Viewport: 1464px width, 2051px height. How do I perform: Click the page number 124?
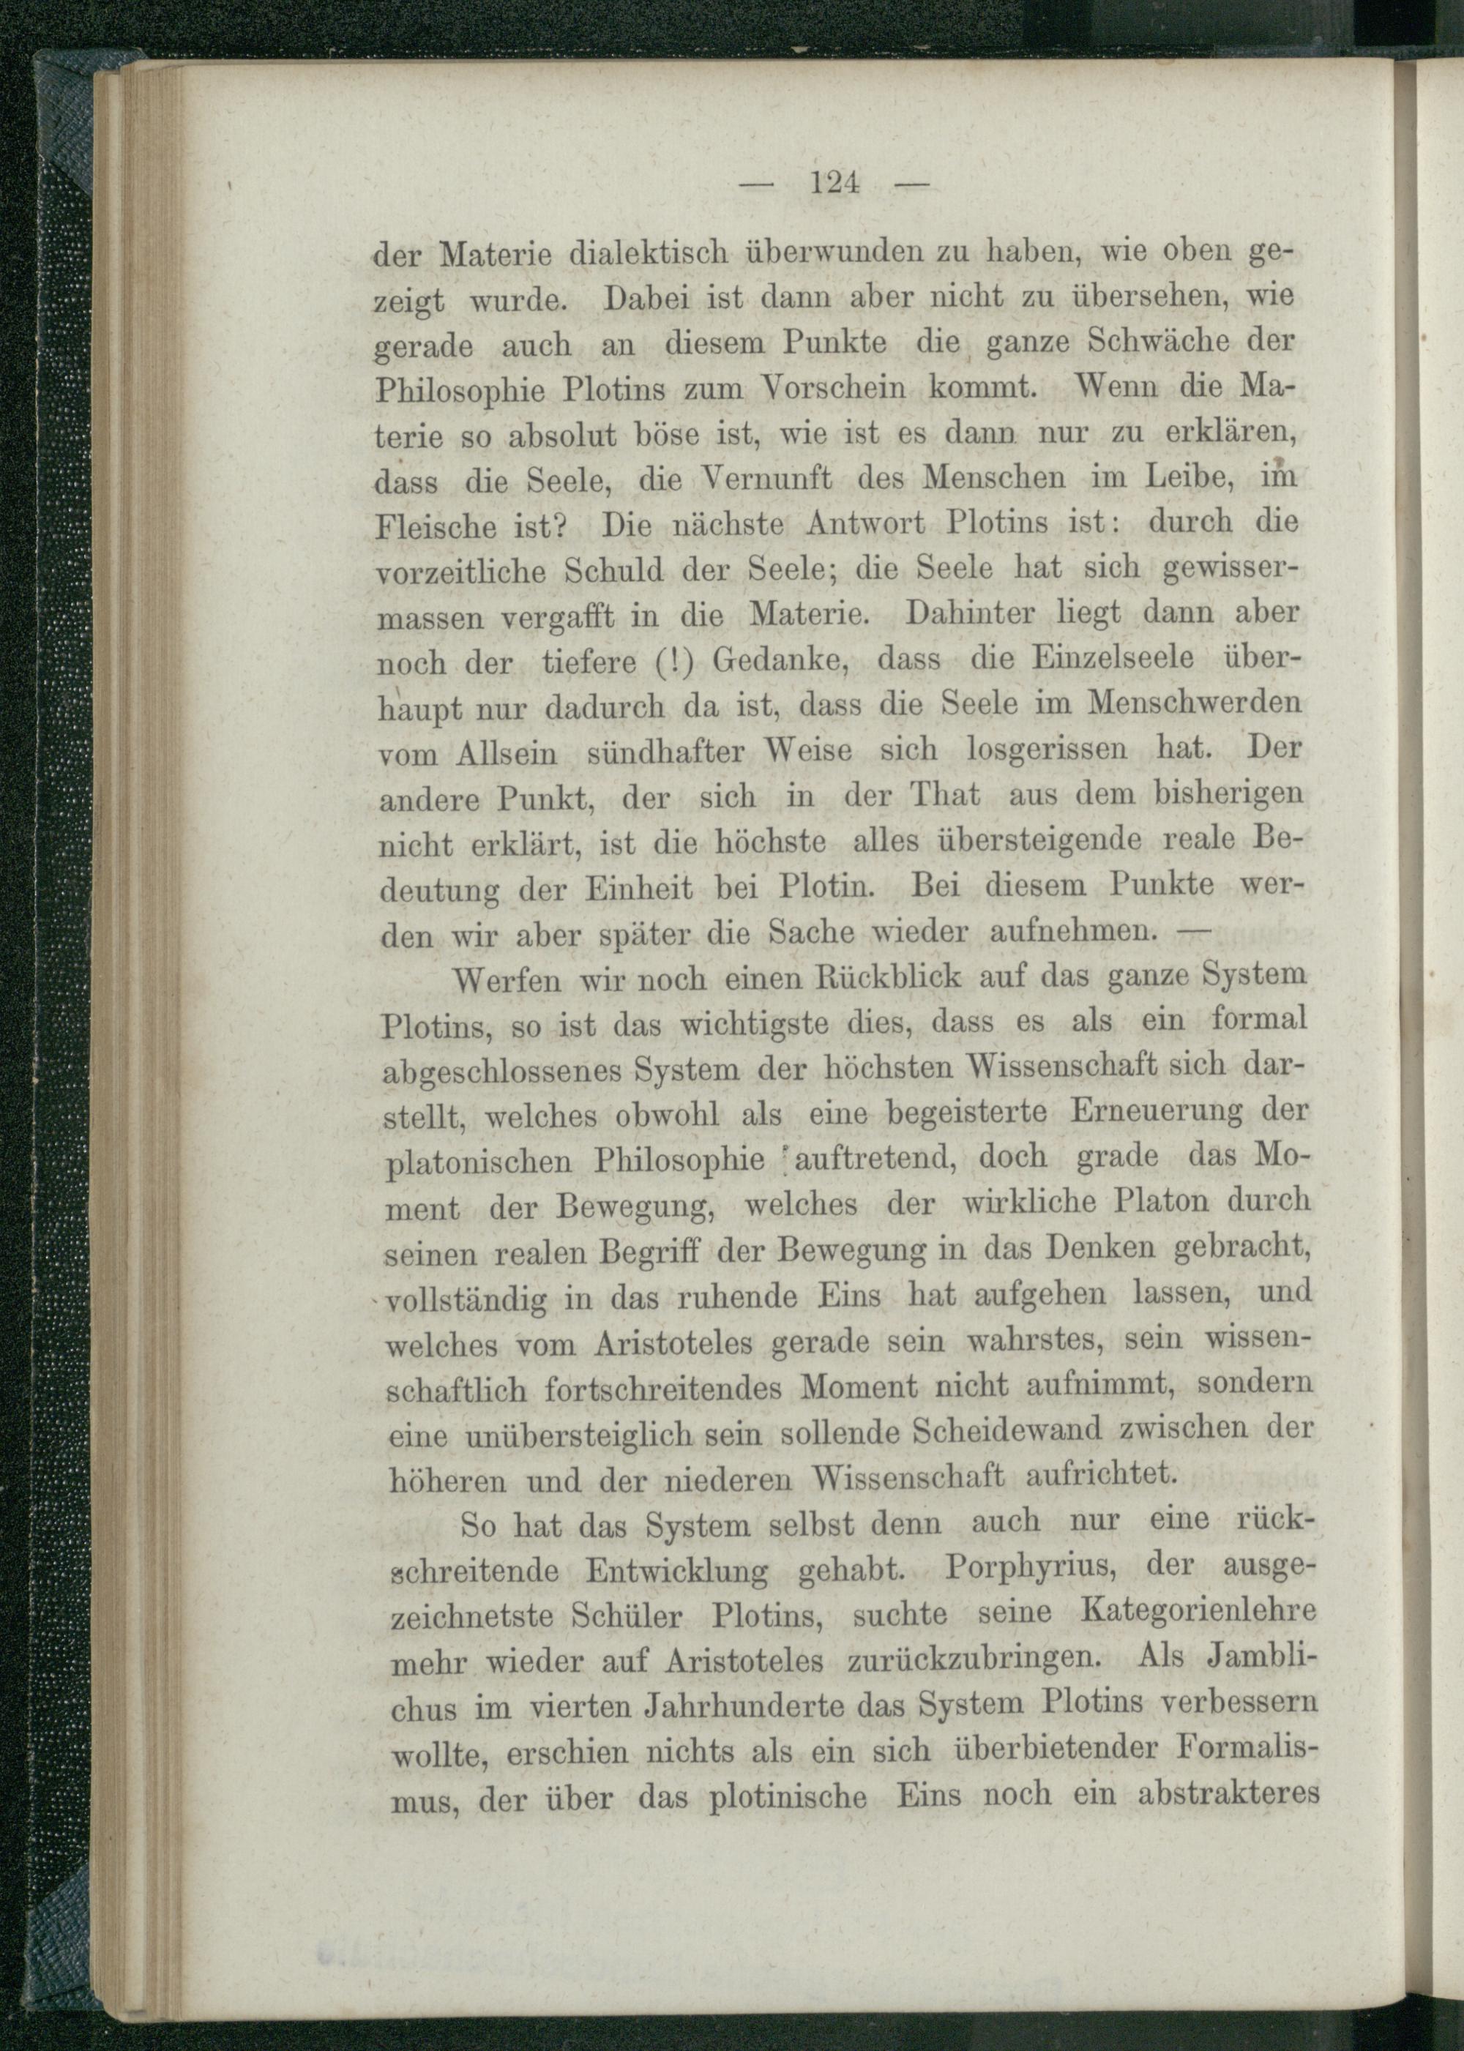tap(834, 184)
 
